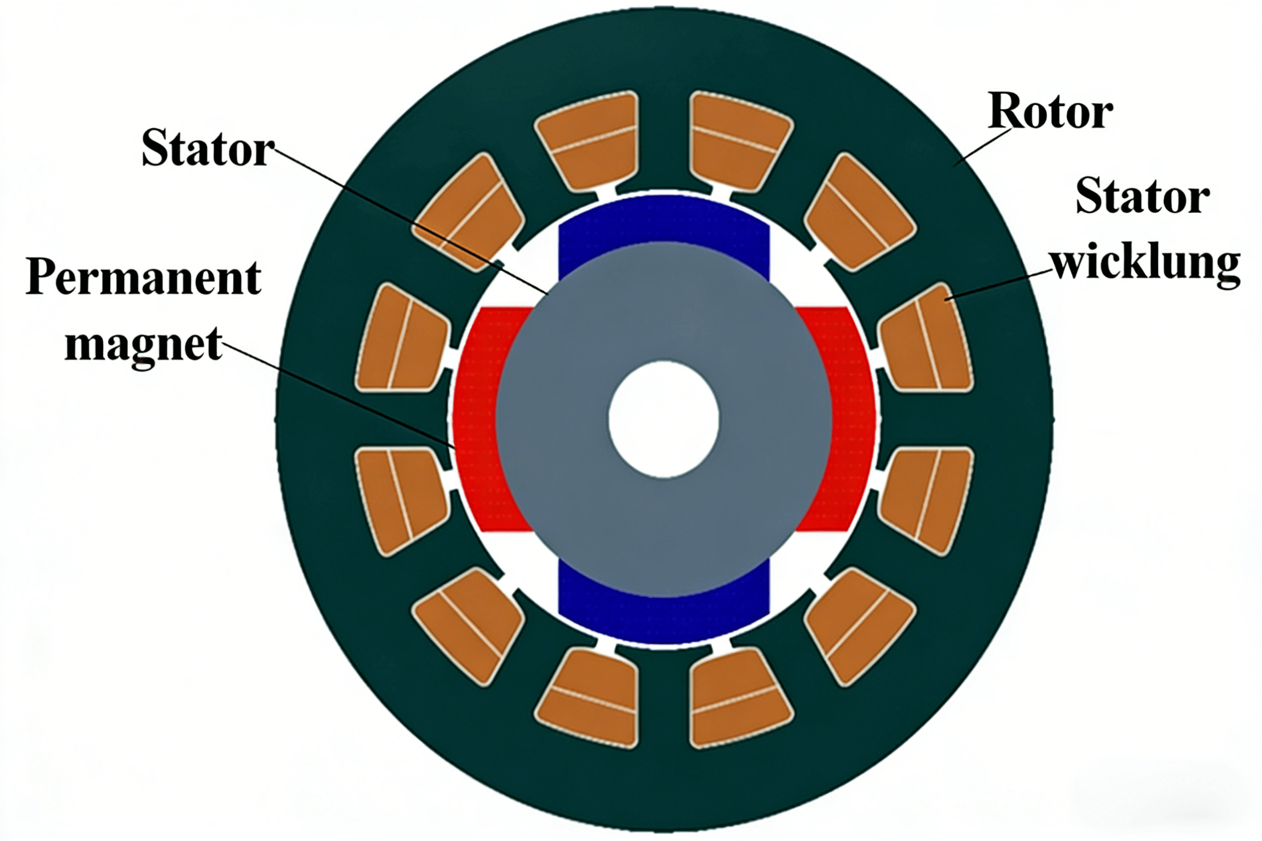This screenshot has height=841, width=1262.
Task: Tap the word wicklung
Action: tap(1146, 265)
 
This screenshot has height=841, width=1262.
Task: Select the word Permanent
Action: tap(143, 278)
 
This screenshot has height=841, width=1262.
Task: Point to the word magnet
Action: tap(143, 344)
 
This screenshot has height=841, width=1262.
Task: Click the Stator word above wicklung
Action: tap(1142, 197)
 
